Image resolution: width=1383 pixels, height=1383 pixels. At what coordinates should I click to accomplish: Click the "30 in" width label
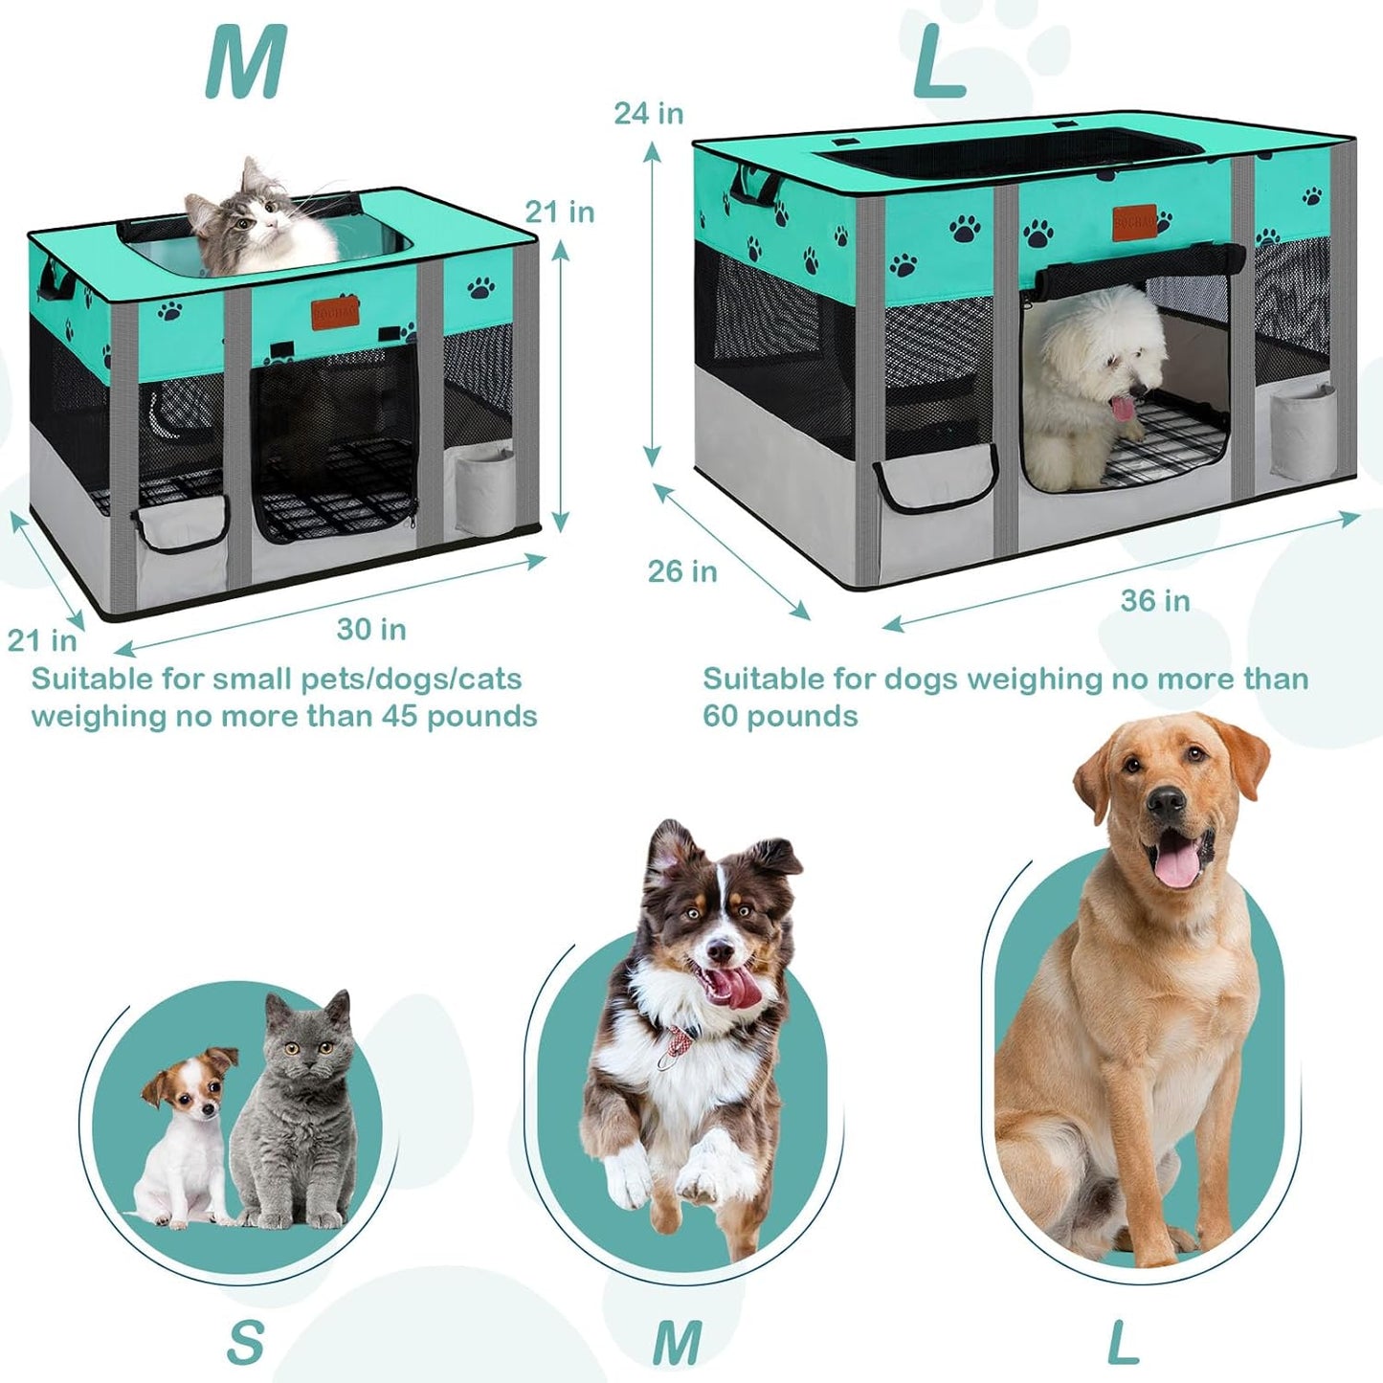click(371, 629)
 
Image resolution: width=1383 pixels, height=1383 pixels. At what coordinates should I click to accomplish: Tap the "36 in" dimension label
click(1155, 600)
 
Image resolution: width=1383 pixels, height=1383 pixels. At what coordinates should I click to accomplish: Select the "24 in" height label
click(648, 113)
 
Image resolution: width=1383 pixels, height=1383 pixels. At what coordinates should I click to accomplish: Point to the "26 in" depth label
click(681, 571)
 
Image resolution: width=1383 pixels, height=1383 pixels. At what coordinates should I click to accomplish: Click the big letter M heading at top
click(246, 63)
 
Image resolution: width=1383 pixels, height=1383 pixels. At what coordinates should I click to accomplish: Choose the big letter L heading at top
click(938, 63)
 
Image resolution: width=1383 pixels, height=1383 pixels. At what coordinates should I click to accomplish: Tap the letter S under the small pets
click(245, 1342)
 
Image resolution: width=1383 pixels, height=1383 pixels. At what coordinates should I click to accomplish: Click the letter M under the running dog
click(677, 1342)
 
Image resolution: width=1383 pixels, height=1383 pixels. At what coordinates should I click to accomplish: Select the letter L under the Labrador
click(1123, 1342)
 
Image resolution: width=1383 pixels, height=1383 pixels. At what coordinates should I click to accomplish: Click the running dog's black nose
click(720, 952)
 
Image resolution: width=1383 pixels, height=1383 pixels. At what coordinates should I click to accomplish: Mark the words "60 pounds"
click(780, 716)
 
